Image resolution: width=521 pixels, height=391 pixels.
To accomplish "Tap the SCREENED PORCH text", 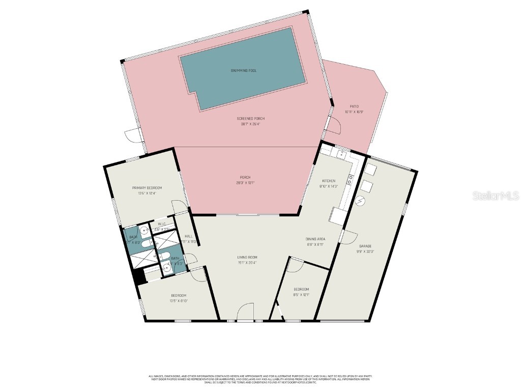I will coord(251,119).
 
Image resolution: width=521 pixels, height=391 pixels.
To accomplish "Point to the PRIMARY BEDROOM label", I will coord(147,188).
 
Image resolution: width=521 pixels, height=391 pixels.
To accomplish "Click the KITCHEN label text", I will coord(329,181).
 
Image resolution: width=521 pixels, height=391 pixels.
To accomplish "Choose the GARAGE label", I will coord(366,246).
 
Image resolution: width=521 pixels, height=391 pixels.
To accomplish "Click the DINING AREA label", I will coord(315,239).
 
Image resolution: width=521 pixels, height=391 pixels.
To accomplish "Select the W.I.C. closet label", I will coord(162,224).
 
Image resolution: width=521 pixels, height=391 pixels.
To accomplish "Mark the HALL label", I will coord(188,236).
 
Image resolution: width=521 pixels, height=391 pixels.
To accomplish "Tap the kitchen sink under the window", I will coord(343,152).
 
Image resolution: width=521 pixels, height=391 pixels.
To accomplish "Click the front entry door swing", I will coord(245,312).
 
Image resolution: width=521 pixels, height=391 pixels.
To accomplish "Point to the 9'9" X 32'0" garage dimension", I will coord(366,252).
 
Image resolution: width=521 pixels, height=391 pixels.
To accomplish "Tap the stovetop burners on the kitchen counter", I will coord(350,179).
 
